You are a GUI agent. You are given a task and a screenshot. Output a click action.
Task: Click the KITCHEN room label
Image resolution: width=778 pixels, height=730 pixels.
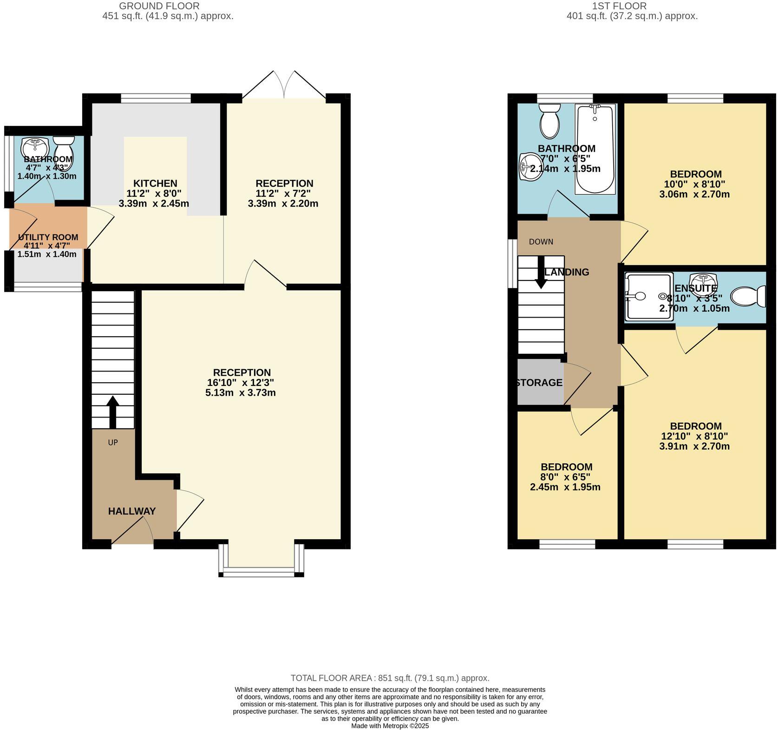pyautogui.click(x=155, y=183)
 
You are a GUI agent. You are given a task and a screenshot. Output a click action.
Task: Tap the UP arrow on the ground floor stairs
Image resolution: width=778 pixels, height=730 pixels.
pyautogui.click(x=113, y=412)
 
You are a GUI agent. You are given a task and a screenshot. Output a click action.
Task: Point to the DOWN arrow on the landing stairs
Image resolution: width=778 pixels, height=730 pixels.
pyautogui.click(x=541, y=272)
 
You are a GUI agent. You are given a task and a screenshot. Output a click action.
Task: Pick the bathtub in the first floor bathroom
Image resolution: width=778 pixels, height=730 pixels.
pyautogui.click(x=595, y=149)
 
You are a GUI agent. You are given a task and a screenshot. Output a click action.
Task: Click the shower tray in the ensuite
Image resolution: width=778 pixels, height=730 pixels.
pyautogui.click(x=649, y=297)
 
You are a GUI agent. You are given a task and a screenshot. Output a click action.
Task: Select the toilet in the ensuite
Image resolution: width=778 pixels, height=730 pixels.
pyautogui.click(x=748, y=297)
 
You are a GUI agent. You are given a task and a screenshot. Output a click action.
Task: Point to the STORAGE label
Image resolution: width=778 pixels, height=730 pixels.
pyautogui.click(x=539, y=383)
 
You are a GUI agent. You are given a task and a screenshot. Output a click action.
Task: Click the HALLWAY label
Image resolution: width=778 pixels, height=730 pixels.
pyautogui.click(x=132, y=511)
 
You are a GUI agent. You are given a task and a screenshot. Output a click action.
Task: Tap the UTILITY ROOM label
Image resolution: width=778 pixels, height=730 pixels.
pyautogui.click(x=48, y=237)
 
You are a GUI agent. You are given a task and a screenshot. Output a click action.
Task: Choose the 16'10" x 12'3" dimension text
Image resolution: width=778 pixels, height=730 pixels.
pyautogui.click(x=241, y=383)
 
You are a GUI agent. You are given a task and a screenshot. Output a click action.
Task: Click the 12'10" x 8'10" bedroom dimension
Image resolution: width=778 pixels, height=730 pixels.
pyautogui.click(x=694, y=436)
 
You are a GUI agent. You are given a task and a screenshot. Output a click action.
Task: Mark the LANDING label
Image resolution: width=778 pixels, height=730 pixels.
pyautogui.click(x=567, y=272)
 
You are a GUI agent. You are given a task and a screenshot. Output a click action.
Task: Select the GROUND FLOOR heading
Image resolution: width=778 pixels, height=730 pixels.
pyautogui.click(x=159, y=6)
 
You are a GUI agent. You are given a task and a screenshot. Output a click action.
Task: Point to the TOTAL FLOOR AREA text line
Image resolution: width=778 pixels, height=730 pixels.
pyautogui.click(x=390, y=678)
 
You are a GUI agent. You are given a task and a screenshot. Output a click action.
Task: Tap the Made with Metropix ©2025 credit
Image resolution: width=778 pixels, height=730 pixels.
pyautogui.click(x=390, y=725)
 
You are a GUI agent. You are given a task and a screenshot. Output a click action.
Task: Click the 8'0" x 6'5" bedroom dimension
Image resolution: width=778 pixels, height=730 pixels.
pyautogui.click(x=565, y=477)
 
